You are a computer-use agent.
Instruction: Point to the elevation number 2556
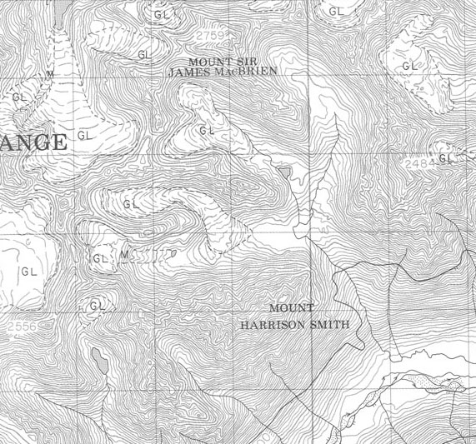pos(20,327)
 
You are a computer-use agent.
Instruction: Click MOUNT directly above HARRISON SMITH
pos(292,308)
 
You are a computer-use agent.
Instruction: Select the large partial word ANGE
pos(33,142)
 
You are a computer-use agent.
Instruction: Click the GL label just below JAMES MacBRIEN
pos(207,131)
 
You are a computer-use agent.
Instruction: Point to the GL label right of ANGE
pos(85,134)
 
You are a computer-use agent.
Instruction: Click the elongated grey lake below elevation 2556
pos(100,360)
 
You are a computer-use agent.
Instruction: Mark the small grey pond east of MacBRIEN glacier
pos(287,172)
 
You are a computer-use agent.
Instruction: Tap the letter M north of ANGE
pos(51,74)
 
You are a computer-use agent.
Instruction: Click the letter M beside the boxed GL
pos(123,254)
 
